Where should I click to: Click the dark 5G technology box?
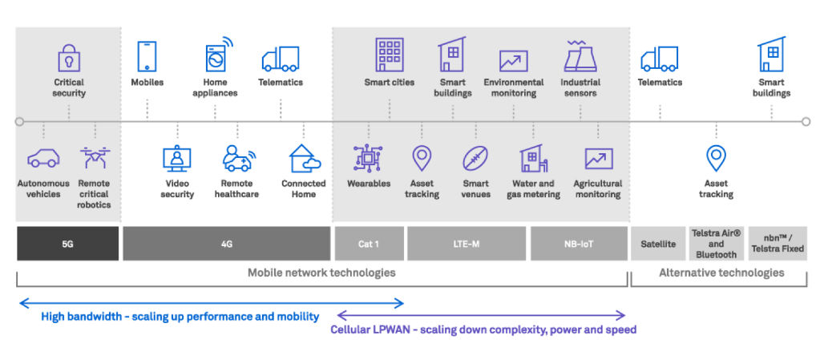pyautogui.click(x=67, y=244)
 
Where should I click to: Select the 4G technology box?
pyautogui.click(x=226, y=244)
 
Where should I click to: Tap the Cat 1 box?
pyautogui.click(x=369, y=244)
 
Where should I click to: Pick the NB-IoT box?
pyautogui.click(x=578, y=244)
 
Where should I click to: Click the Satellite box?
pyautogui.click(x=657, y=244)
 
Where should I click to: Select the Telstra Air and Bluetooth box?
pyautogui.click(x=716, y=244)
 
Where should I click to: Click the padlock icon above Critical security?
pyautogui.click(x=69, y=59)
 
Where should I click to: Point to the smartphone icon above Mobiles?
pyautogui.click(x=147, y=57)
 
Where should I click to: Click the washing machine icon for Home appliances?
pyautogui.click(x=216, y=58)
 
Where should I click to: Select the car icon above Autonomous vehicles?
pyautogui.click(x=43, y=159)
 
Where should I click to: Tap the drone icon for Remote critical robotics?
pyautogui.click(x=95, y=158)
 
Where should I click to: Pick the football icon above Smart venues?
pyautogui.click(x=475, y=159)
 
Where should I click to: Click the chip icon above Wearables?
pyautogui.click(x=368, y=159)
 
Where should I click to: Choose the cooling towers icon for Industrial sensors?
pyautogui.click(x=579, y=57)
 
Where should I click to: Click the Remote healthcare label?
pyautogui.click(x=236, y=188)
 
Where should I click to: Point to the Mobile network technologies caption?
pyautogui.click(x=321, y=273)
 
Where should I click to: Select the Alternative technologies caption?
pyautogui.click(x=721, y=273)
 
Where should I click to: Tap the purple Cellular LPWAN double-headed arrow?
pyautogui.click(x=481, y=315)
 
